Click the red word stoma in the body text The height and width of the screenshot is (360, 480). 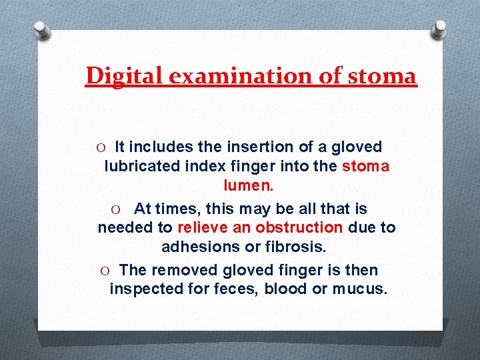pyautogui.click(x=365, y=166)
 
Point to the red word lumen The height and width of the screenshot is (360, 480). pyautogui.click(x=247, y=185)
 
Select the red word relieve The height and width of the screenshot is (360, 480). pyautogui.click(x=203, y=227)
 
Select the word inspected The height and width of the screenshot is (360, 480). pyautogui.click(x=145, y=289)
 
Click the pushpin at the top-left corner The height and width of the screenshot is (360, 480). pyautogui.click(x=41, y=30)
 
